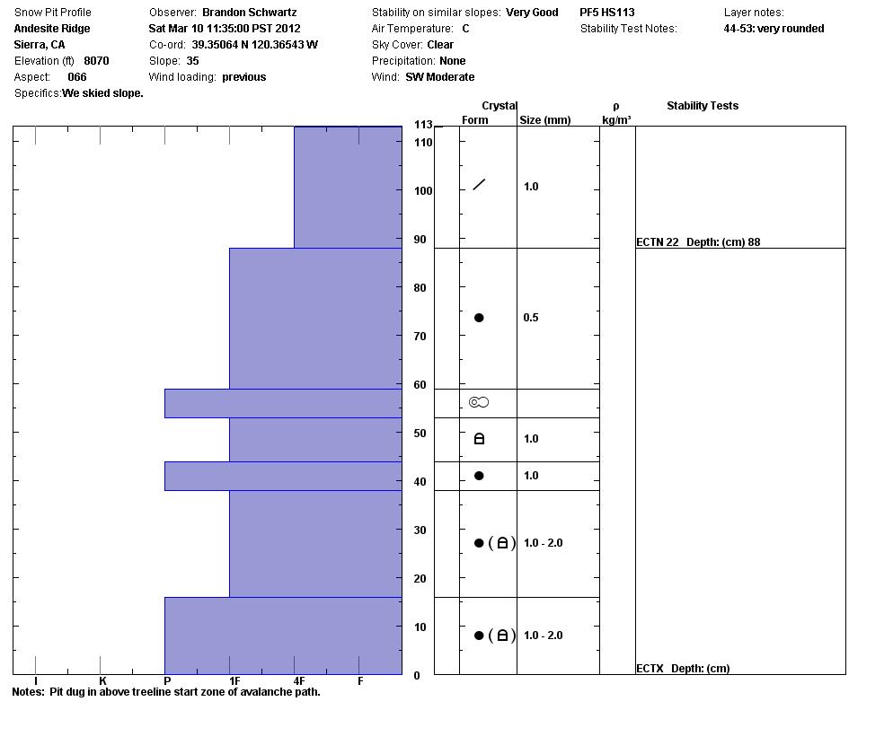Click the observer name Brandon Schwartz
[x=249, y=13]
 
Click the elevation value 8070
[x=96, y=61]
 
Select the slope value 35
[x=192, y=61]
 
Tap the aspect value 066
[x=77, y=77]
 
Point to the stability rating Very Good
[x=532, y=13]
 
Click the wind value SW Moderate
[x=439, y=77]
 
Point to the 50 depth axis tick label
[x=420, y=434]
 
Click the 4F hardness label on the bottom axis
[x=298, y=681]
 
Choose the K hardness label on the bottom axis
[x=102, y=681]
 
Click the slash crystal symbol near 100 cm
[x=479, y=185]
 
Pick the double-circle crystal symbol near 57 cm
[x=479, y=402]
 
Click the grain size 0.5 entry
[x=531, y=318]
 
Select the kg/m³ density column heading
[x=616, y=120]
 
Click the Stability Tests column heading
[x=702, y=106]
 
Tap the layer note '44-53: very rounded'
[x=774, y=29]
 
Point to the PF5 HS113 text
[x=606, y=13]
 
